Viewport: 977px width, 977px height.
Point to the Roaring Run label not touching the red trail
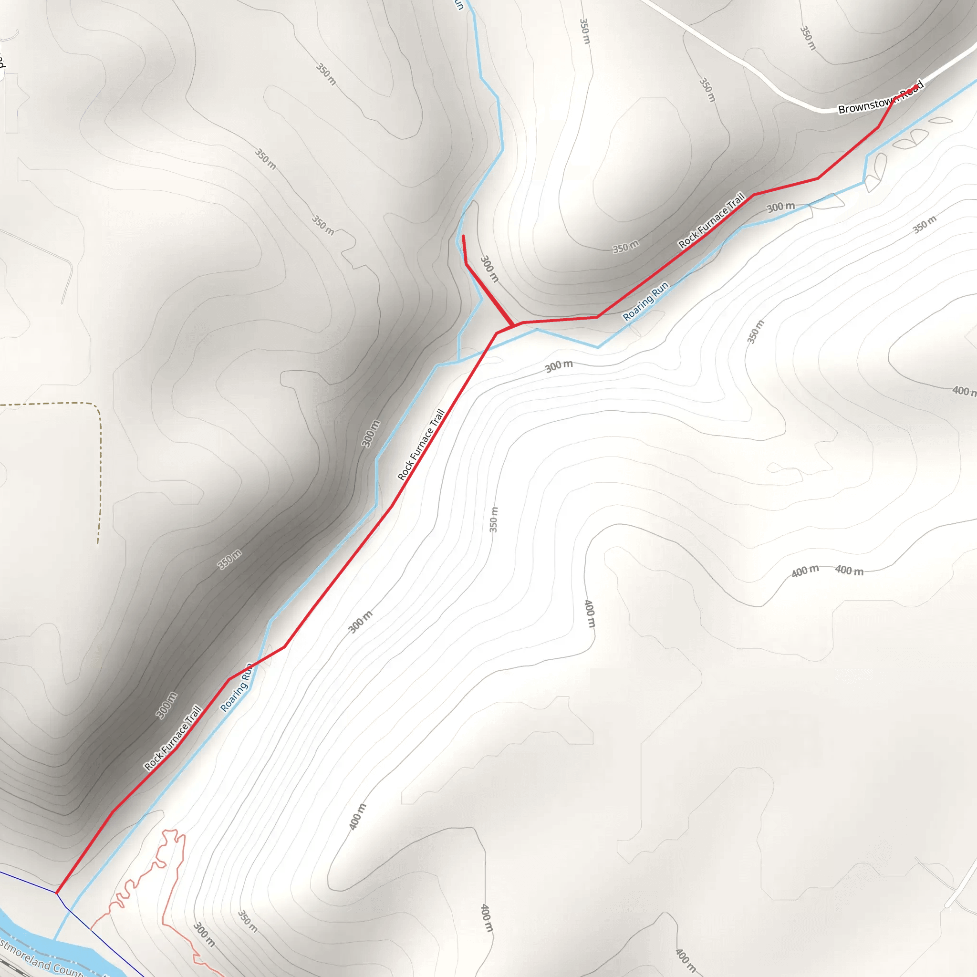(x=645, y=301)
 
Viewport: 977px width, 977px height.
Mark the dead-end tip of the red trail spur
(x=463, y=236)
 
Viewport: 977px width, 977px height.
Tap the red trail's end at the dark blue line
(x=57, y=893)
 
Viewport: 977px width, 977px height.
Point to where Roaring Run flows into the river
(x=54, y=940)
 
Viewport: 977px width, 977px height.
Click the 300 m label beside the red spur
(x=489, y=269)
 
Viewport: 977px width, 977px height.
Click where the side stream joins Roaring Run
(x=458, y=362)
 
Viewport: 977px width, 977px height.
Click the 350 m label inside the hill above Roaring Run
(x=625, y=247)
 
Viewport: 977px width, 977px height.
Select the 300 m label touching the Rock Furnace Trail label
(x=780, y=207)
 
